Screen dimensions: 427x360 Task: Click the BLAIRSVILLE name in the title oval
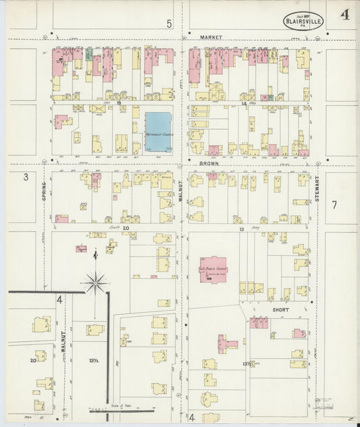point(303,20)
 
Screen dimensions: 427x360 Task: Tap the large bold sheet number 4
point(344,16)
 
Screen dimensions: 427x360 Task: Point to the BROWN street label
point(208,164)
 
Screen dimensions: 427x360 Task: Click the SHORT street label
point(281,309)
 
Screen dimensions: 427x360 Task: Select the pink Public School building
point(214,268)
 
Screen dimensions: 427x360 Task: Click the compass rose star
point(96,282)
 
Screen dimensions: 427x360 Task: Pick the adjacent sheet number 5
point(170,24)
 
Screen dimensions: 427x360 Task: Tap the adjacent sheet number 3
point(26,177)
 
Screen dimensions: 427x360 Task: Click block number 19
point(118,103)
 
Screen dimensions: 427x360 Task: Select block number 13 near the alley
point(241,230)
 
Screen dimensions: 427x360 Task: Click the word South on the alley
point(114,230)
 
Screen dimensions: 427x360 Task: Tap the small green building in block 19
point(88,53)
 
